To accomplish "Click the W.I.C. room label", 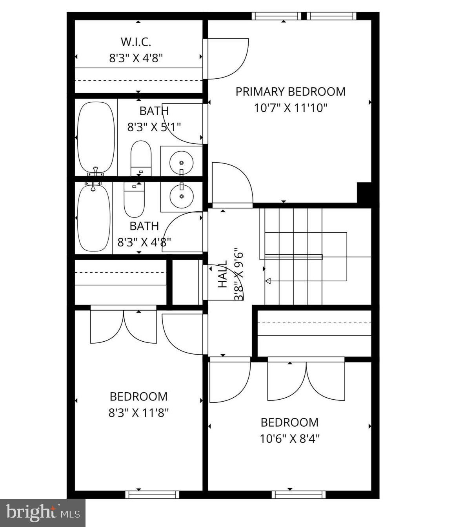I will click(136, 42).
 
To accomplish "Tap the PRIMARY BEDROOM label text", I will click(290, 92).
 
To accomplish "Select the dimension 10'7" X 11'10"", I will click(290, 108).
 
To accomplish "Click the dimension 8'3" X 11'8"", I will click(138, 413).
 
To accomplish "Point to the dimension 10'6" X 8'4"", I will click(289, 438).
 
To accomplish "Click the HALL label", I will click(222, 274).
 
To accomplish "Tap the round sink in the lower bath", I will click(181, 196).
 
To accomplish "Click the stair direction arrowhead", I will click(268, 281).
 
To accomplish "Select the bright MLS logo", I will click(43, 513).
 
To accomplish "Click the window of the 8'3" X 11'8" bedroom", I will click(152, 494).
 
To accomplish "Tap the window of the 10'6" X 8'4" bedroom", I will click(298, 494).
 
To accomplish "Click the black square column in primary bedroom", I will click(364, 192).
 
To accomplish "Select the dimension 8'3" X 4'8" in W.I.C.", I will click(136, 58).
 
